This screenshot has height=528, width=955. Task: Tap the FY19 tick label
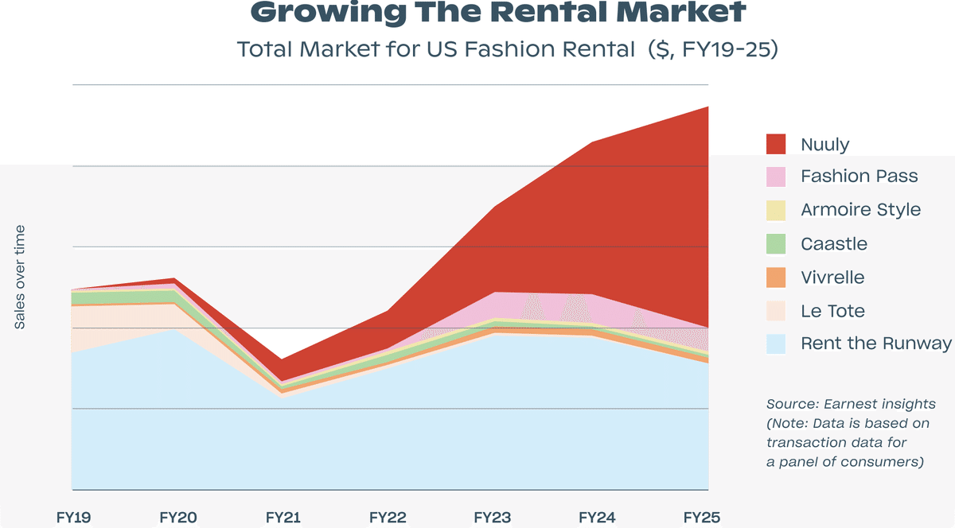[x=73, y=518]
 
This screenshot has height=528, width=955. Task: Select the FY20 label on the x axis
[x=177, y=518]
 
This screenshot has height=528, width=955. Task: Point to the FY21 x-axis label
[x=283, y=518]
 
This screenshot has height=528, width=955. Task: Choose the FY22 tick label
[x=388, y=518]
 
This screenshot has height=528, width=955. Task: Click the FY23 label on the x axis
[x=493, y=518]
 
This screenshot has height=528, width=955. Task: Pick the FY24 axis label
[x=597, y=518]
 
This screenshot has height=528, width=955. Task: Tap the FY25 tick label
[x=701, y=518]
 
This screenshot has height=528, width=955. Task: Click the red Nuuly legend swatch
[x=776, y=144]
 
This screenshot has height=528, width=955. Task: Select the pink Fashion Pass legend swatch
[x=776, y=177]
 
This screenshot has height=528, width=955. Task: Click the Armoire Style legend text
[x=860, y=210]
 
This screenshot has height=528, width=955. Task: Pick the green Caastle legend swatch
[x=776, y=243]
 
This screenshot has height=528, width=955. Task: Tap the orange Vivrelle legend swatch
[x=776, y=278]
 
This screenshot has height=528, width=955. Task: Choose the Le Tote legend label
[x=832, y=311]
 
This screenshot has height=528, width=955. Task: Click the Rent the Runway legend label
[x=875, y=344]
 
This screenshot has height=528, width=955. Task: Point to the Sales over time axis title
[x=20, y=277]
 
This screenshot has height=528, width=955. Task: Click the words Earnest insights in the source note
[x=882, y=405]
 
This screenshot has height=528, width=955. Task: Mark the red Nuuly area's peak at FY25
[x=707, y=107]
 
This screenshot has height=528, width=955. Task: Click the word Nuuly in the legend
[x=824, y=144]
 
